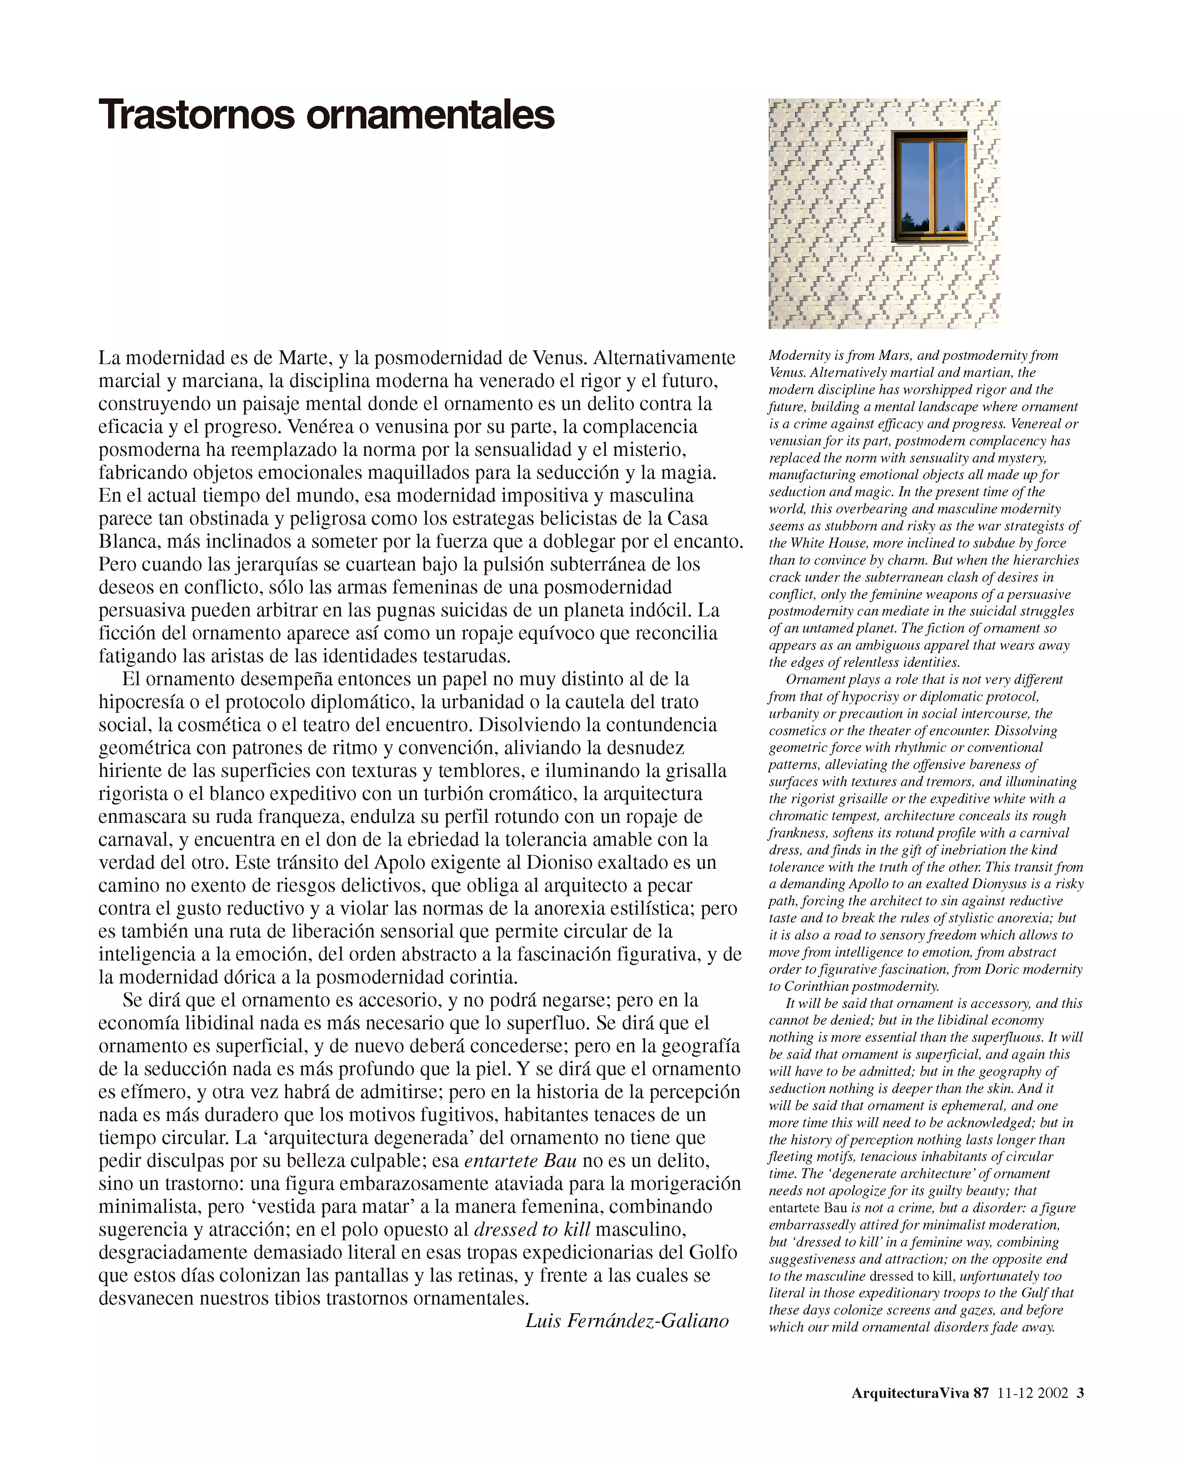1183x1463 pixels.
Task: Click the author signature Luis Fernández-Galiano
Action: (x=626, y=1321)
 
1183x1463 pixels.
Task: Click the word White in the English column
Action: (x=808, y=543)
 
